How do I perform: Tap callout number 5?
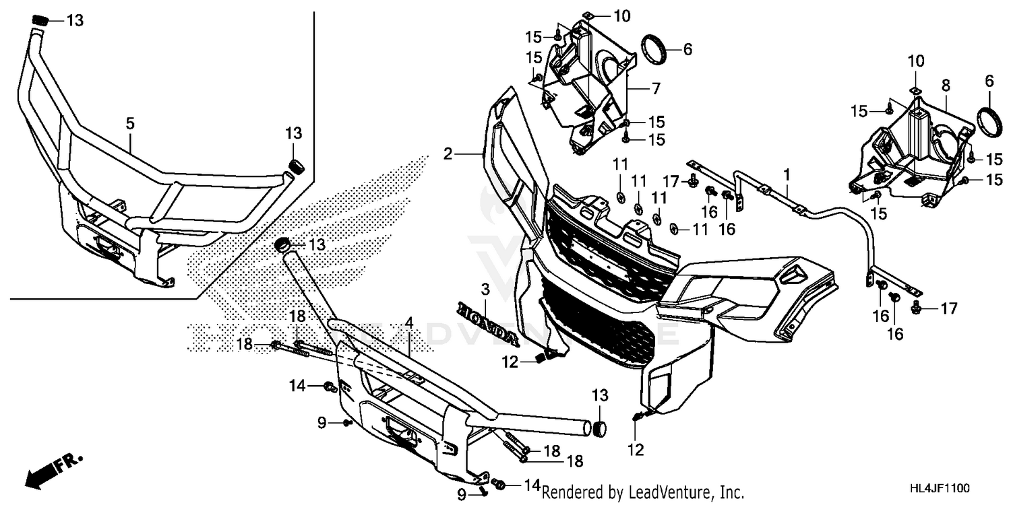pos(130,123)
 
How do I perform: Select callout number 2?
pos(448,154)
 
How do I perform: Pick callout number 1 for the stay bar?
pos(786,173)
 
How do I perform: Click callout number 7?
pos(655,88)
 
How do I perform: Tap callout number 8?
pos(945,86)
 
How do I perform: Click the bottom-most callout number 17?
pos(949,309)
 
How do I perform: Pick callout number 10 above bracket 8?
pos(915,61)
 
